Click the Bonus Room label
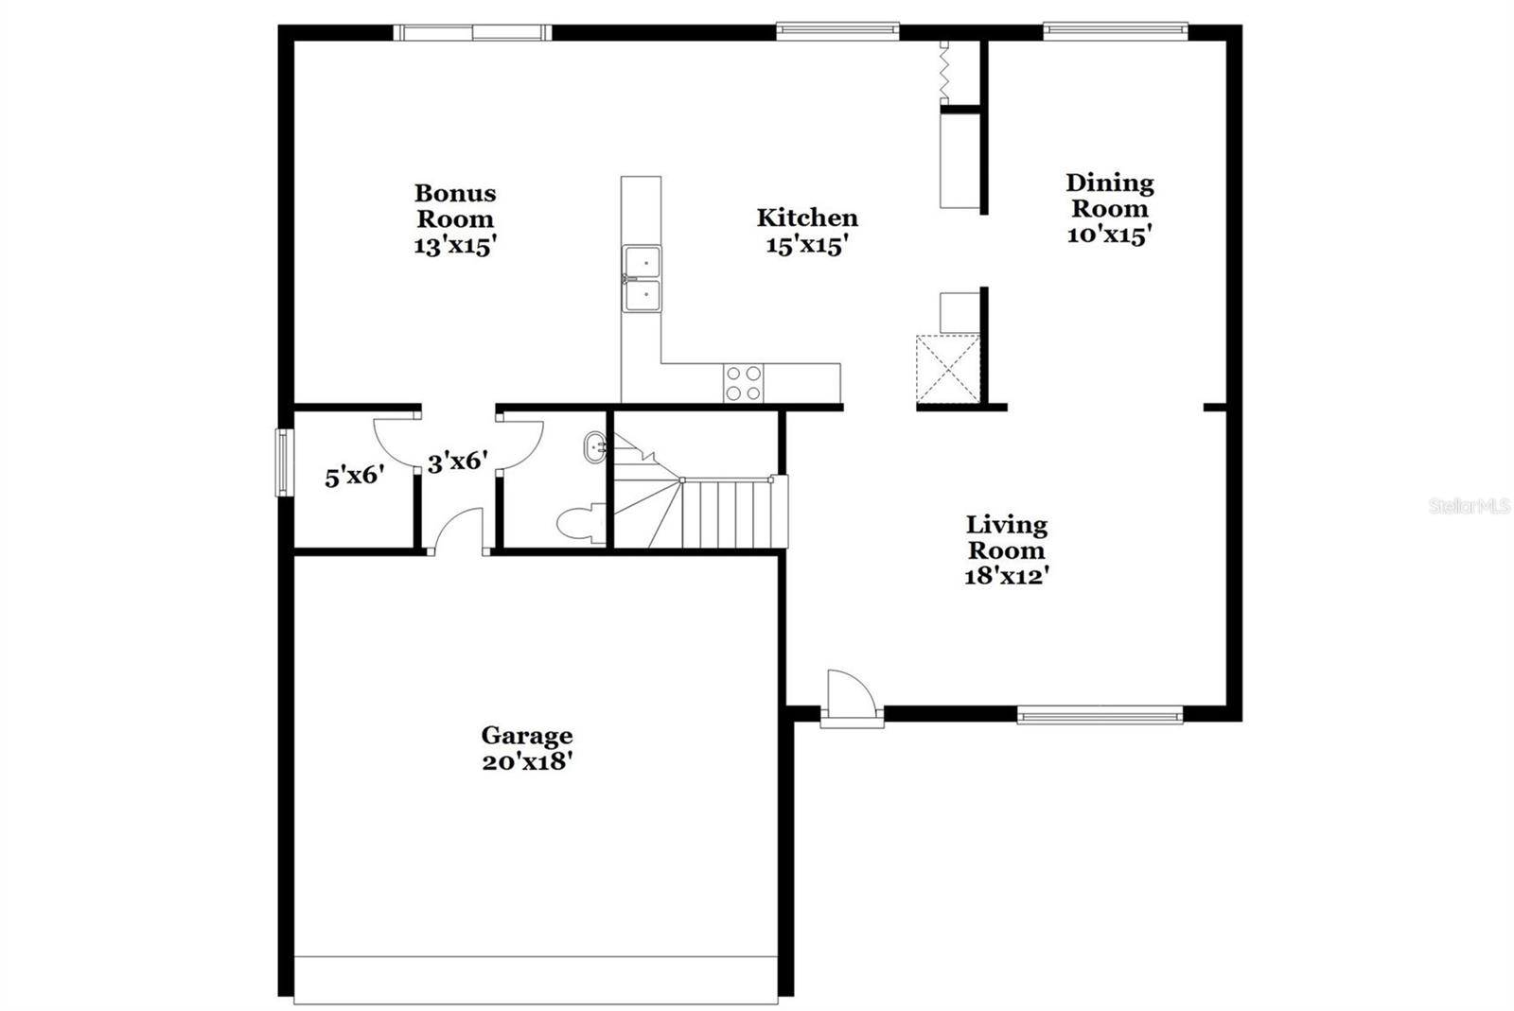tap(455, 206)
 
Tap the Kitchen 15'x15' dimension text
tap(806, 245)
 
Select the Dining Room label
tap(1109, 196)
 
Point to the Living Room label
tap(1006, 537)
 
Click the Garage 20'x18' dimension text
tap(526, 761)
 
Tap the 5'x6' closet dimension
tap(354, 476)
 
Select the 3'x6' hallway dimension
tap(458, 462)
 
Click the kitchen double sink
tap(642, 278)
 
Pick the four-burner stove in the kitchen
tap(743, 383)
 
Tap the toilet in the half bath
tap(579, 524)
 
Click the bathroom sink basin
tap(595, 446)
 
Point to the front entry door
tap(851, 697)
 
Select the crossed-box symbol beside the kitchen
tap(947, 368)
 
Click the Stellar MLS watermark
tap(1469, 507)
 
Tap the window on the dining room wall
tap(1115, 31)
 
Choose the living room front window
tap(1100, 715)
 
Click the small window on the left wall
tap(283, 462)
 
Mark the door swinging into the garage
tap(459, 532)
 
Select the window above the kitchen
tap(836, 31)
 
